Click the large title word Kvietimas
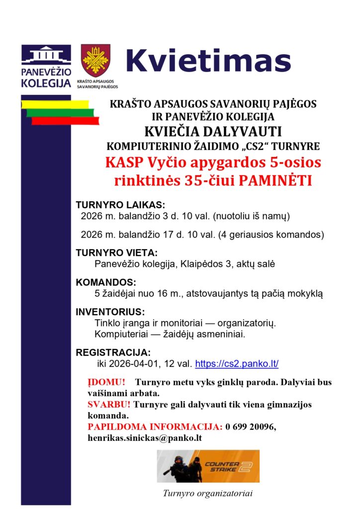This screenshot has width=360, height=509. tap(208, 61)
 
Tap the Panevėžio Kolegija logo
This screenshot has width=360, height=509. tap(46, 66)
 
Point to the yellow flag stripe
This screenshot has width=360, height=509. tap(55, 104)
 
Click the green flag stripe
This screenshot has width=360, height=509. tap(60, 112)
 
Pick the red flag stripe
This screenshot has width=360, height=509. tap(65, 121)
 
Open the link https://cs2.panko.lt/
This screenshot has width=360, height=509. tap(237, 364)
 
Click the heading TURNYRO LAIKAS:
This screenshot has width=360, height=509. tap(120, 205)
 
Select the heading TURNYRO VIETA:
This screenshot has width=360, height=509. tap(116, 253)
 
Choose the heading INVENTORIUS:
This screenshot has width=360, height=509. tap(110, 313)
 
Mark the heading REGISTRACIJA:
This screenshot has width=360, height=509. tap(113, 352)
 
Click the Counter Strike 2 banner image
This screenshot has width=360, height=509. tap(208, 466)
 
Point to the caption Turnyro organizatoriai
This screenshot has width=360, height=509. tap(208, 494)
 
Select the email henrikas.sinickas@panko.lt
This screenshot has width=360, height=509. tap(144, 438)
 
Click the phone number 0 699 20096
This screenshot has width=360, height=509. tap(251, 427)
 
